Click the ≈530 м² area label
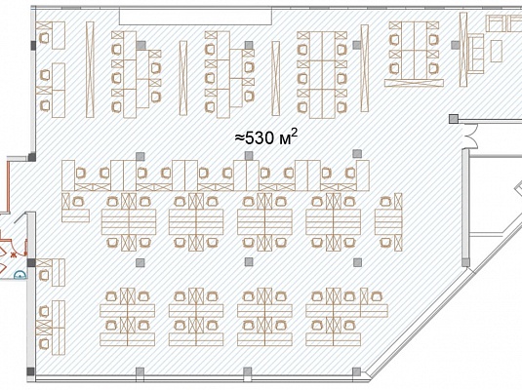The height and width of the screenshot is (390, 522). pyautogui.click(x=266, y=137)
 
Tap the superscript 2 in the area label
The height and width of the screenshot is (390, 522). pyautogui.click(x=295, y=134)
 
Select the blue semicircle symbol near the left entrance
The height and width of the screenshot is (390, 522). pyautogui.click(x=20, y=274)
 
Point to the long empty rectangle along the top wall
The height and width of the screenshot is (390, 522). pyautogui.click(x=196, y=17)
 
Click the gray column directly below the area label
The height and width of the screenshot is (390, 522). pyautogui.click(x=249, y=155)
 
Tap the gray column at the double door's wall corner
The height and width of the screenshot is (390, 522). pyautogui.click(x=453, y=119)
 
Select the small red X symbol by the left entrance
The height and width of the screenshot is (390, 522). pyautogui.click(x=14, y=254)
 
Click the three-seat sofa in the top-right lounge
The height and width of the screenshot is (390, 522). pyautogui.click(x=476, y=54)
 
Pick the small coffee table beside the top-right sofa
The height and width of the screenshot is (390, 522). pyautogui.click(x=497, y=51)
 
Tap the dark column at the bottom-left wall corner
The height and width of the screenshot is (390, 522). pyautogui.click(x=30, y=371)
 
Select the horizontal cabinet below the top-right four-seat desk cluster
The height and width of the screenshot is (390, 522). pyautogui.click(x=414, y=83)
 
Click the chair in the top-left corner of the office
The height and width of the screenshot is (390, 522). pyautogui.click(x=44, y=38)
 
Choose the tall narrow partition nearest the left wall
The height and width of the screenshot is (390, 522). pyautogui.click(x=90, y=69)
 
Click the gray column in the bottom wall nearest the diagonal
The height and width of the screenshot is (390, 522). pyautogui.click(x=356, y=371)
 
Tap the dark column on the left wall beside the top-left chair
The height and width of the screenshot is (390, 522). pyautogui.click(x=33, y=45)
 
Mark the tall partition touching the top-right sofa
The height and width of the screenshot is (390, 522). pyautogui.click(x=463, y=50)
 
